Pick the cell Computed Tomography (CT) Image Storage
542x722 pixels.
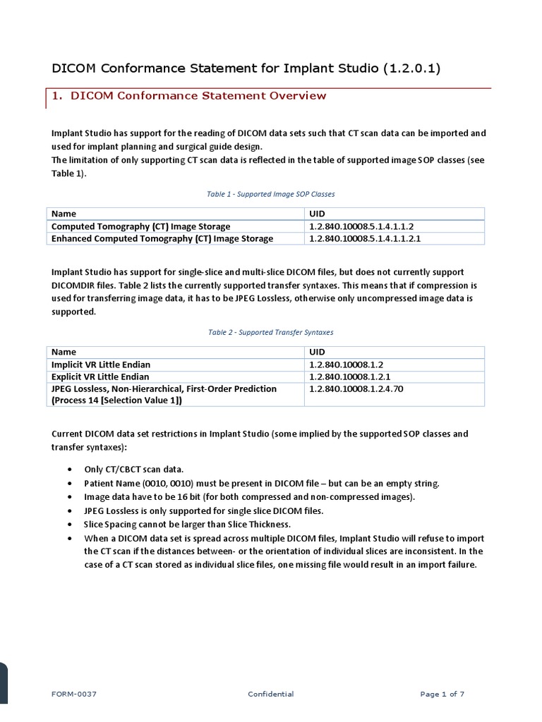coord(141,226)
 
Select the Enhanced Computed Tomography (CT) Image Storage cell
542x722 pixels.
coord(162,238)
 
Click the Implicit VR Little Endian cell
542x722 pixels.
coord(101,365)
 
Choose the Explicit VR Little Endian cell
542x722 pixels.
coord(101,377)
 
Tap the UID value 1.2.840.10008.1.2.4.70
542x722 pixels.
coord(356,388)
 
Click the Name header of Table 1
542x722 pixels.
coord(64,214)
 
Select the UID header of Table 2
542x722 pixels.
coord(317,352)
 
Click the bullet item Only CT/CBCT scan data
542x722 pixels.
coord(134,469)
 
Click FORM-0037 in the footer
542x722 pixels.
coord(74,695)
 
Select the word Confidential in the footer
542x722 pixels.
coord(271,695)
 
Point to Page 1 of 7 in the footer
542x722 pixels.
coord(442,695)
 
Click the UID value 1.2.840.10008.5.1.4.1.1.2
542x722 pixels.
coord(361,226)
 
